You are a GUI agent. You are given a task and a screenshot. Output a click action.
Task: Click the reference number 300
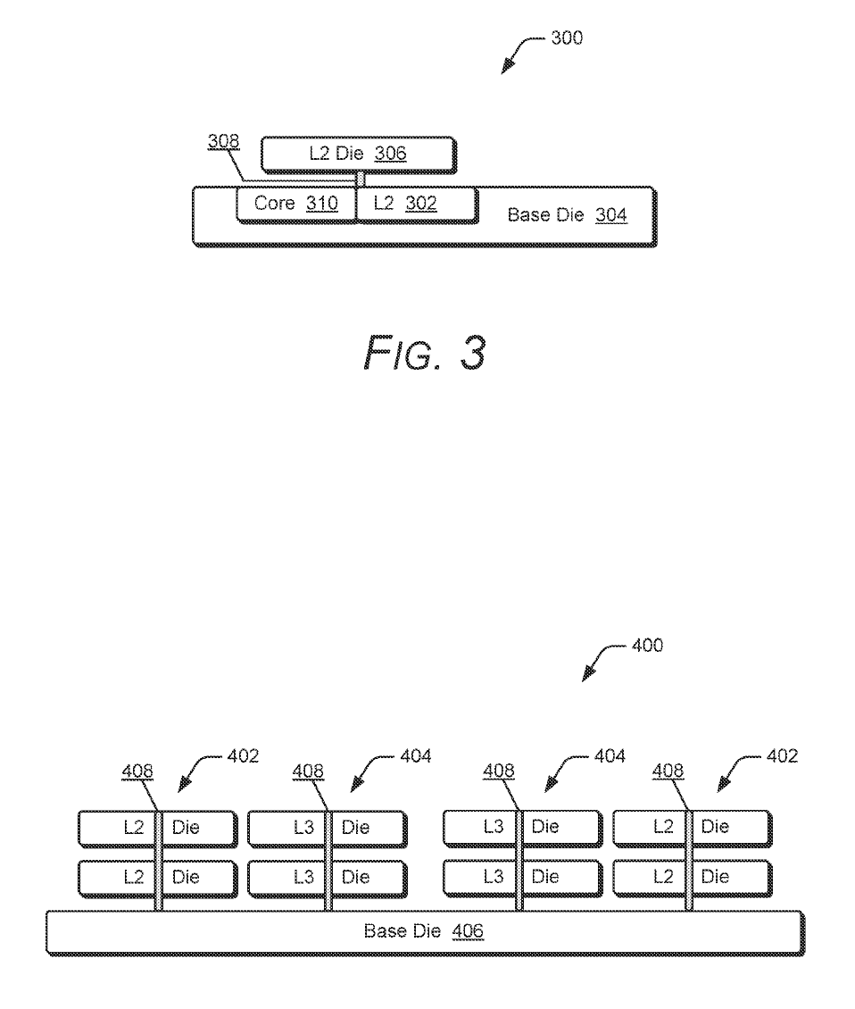(566, 38)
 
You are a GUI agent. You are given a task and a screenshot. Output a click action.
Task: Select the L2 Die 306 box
(357, 154)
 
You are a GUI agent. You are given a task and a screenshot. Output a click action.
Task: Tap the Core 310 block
(295, 204)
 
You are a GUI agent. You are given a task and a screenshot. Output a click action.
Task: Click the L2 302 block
(415, 204)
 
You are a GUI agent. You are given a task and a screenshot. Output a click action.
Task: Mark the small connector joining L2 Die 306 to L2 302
(361, 179)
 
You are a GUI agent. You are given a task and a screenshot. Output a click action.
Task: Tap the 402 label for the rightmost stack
(781, 756)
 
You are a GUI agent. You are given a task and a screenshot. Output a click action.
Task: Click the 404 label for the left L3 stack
(414, 756)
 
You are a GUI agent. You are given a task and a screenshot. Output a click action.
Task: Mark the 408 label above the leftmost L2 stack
(137, 771)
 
